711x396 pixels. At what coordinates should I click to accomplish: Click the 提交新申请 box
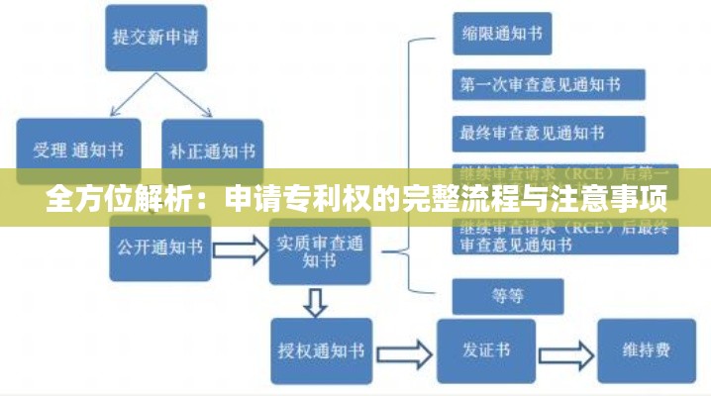point(155,38)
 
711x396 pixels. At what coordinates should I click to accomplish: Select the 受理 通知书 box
point(79,150)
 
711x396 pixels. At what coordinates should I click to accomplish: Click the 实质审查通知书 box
point(318,251)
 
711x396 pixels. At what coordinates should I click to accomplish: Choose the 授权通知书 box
point(321,349)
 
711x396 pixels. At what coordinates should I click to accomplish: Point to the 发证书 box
point(486,349)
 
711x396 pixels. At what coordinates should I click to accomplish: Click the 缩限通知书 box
point(501,33)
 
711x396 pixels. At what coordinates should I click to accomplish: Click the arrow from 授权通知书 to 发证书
point(405,350)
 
